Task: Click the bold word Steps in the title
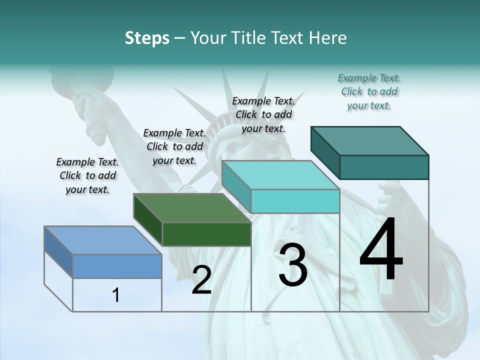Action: click(x=147, y=38)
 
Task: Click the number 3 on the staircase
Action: click(x=293, y=266)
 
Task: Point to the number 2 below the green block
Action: click(x=201, y=280)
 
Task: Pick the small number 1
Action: click(x=116, y=295)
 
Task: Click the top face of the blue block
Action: click(x=102, y=240)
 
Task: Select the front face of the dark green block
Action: click(x=206, y=234)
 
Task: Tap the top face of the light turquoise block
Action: click(x=280, y=175)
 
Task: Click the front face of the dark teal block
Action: click(x=384, y=167)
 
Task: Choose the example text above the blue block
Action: click(x=87, y=175)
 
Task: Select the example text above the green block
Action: click(x=174, y=146)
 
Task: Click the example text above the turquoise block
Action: click(x=263, y=114)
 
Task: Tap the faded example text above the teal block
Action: click(x=369, y=91)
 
